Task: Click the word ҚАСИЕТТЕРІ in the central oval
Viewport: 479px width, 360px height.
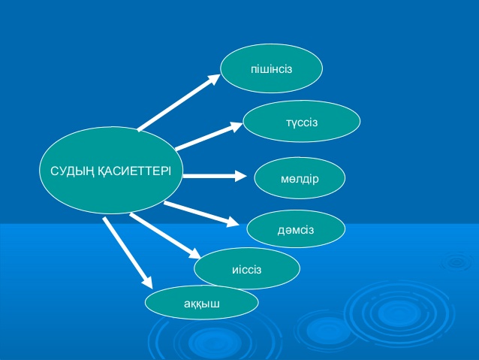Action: pos(134,171)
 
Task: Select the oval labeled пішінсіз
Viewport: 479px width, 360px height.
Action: pos(271,68)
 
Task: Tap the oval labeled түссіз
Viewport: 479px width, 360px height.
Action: pos(301,121)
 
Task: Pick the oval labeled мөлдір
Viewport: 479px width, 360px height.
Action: pos(300,178)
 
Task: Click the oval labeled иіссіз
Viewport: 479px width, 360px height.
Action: pos(247,268)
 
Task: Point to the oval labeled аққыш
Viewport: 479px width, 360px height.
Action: pos(201,303)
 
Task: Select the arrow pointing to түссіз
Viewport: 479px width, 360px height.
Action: pos(209,135)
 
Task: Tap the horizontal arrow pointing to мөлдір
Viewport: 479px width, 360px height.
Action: pos(214,177)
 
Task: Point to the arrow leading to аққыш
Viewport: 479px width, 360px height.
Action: pos(128,253)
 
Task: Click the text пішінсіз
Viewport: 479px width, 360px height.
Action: pos(271,69)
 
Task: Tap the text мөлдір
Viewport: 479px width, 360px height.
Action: pos(300,178)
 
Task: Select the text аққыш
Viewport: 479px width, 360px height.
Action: pos(201,304)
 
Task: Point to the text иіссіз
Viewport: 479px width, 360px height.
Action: pos(247,268)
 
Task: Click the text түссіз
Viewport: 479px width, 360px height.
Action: pos(301,122)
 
